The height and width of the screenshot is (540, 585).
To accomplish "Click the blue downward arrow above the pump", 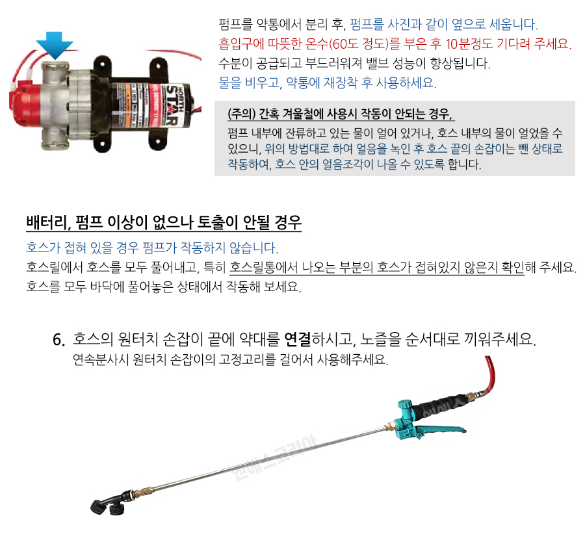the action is pos(55,45).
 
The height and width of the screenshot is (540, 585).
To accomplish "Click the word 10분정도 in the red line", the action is pos(469,44).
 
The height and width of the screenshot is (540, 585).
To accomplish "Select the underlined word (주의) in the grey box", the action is pos(242,114).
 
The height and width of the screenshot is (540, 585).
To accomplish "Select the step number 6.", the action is pos(59,340).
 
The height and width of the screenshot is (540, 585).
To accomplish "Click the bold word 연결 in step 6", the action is pos(297,339).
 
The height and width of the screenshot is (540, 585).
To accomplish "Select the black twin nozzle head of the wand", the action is pos(110,503).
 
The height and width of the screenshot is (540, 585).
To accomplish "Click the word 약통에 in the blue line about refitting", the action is pos(302,83).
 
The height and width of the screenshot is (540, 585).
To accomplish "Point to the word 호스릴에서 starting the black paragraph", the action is pos(54,267).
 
